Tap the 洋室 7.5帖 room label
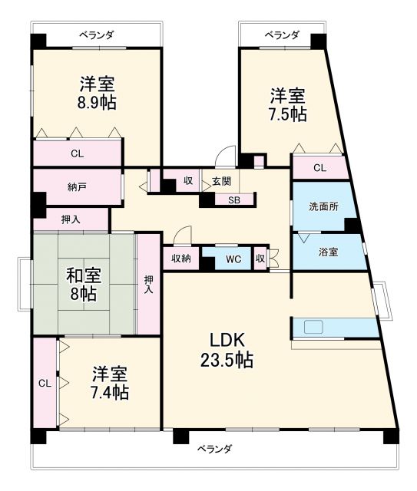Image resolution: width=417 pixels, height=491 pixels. pyautogui.click(x=288, y=105)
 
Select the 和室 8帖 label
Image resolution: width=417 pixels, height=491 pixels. pyautogui.click(x=84, y=283)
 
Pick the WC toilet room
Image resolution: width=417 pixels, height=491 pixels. pyautogui.click(x=233, y=259)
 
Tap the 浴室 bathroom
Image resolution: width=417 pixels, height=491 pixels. pyautogui.click(x=328, y=252)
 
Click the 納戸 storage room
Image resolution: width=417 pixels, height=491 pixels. pyautogui.click(x=76, y=186)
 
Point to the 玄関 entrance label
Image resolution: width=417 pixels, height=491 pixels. pyautogui.click(x=221, y=182)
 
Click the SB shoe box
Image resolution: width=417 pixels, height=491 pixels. pyautogui.click(x=231, y=200)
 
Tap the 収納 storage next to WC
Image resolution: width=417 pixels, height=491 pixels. pyautogui.click(x=181, y=258)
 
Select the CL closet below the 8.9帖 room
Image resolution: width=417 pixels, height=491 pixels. pyautogui.click(x=77, y=153)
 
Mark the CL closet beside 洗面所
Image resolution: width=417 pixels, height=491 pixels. pyautogui.click(x=319, y=167)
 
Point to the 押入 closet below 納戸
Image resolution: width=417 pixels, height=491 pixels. pyautogui.click(x=70, y=219)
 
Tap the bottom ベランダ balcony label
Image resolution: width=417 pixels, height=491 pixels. pyautogui.click(x=213, y=448)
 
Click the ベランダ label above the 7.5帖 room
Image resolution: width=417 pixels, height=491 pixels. pyautogui.click(x=282, y=35)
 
